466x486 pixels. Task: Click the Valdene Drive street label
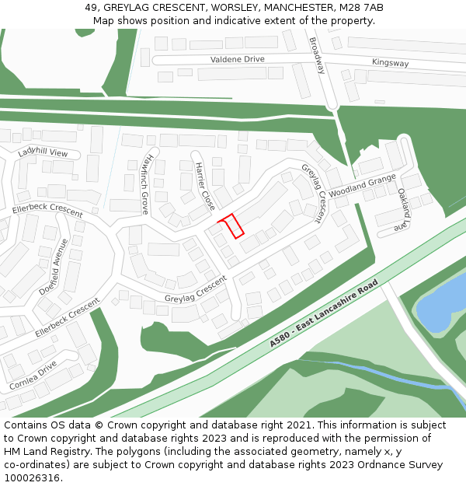click(237, 59)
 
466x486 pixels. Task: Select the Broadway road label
click(317, 56)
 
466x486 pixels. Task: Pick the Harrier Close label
click(204, 187)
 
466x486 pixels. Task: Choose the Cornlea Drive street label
click(33, 374)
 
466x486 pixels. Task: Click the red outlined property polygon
click(231, 226)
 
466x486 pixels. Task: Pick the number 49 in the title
click(90, 8)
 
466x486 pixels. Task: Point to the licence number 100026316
click(33, 478)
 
